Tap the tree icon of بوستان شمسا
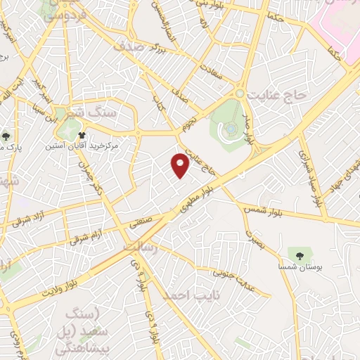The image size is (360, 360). [x=294, y=253]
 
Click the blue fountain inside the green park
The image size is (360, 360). [x=231, y=130]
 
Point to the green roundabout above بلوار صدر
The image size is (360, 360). [x=240, y=93]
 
